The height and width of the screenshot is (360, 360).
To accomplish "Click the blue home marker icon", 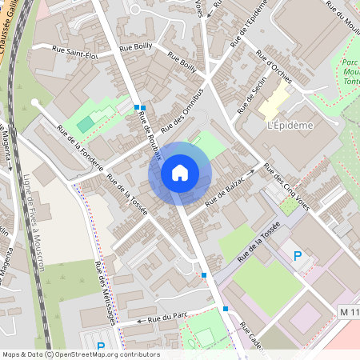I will tap(180, 173).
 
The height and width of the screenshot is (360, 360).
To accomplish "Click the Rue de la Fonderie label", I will tap(80, 149).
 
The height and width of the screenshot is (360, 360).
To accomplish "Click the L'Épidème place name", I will tap(289, 125).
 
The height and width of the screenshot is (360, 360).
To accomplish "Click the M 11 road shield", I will tap(350, 310).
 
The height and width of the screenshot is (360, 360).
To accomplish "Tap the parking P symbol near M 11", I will tap(298, 256).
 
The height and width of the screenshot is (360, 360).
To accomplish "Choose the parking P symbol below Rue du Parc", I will tap(101, 347).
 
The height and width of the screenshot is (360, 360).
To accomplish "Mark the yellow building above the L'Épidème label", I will tap(274, 102).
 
